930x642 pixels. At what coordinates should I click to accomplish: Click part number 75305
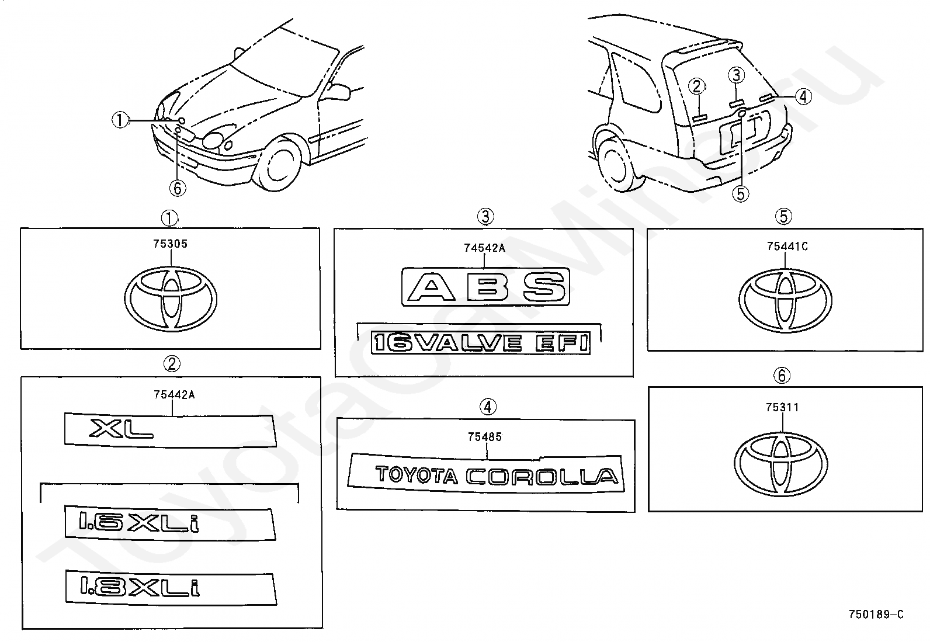point(170,244)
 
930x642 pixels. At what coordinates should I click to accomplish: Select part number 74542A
point(484,248)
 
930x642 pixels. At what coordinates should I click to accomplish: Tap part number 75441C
point(787,247)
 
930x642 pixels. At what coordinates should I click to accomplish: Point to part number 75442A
point(174,394)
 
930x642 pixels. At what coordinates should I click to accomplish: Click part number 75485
point(484,437)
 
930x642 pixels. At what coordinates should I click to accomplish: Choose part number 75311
point(782,407)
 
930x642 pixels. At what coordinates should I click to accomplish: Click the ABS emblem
point(486,287)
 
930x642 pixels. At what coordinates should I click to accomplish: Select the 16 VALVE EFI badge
point(481,343)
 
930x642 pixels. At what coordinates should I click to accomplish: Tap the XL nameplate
point(170,430)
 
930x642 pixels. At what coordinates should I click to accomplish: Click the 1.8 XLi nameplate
point(171,588)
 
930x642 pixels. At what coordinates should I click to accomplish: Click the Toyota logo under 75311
point(781,464)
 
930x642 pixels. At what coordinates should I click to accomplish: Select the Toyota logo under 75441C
point(785,301)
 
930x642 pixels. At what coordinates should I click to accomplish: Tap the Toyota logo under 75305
point(170,299)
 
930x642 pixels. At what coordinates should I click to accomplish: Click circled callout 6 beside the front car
point(177,189)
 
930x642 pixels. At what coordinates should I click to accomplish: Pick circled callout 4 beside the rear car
point(803,97)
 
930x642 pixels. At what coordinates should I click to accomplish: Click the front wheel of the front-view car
point(277,164)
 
